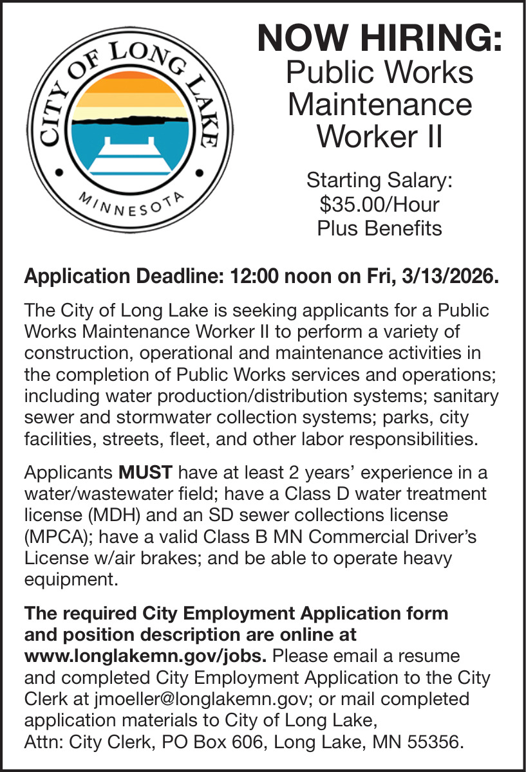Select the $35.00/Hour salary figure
[x=379, y=205]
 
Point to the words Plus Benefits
[x=379, y=228]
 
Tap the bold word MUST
[x=146, y=473]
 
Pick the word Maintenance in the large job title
[x=379, y=104]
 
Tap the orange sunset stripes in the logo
[x=131, y=90]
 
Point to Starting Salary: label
[x=379, y=180]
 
